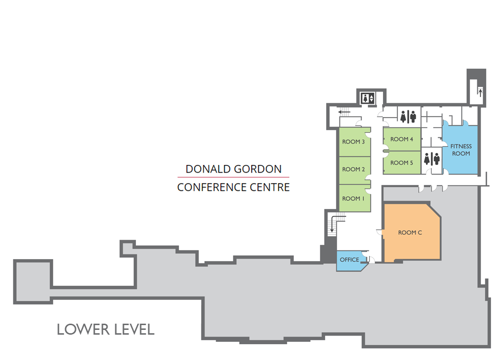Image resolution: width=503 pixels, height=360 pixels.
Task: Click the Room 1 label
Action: point(353,198)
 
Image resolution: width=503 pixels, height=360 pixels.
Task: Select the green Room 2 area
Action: point(355,170)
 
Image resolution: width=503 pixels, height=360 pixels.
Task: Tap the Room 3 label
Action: point(353,142)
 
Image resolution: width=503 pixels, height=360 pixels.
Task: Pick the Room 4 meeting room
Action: point(402,139)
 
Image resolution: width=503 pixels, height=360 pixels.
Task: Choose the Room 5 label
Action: point(402,163)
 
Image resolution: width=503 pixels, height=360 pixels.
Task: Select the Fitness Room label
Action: point(461,150)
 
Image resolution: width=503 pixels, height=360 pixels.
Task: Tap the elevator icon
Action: point(368,98)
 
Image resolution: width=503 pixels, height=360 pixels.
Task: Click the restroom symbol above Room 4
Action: point(408,117)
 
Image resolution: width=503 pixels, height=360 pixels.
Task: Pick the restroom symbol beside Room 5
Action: point(432,159)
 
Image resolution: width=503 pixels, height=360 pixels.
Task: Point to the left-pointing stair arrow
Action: point(344,112)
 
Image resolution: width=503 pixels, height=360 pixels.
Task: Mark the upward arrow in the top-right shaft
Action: point(481,93)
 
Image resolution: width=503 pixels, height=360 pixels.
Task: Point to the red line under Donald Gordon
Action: point(233,177)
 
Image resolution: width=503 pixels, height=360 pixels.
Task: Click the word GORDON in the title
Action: point(257,169)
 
